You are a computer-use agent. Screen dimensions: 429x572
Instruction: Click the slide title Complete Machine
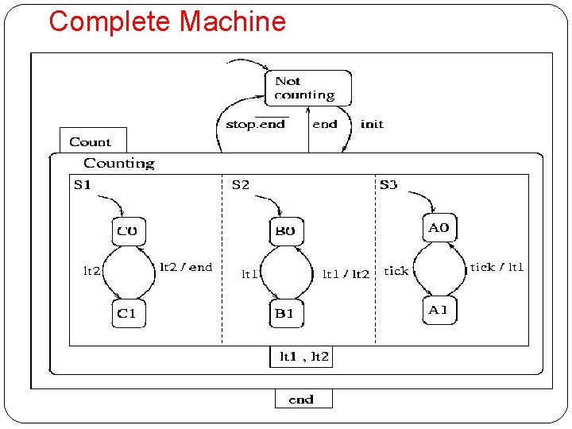click(167, 21)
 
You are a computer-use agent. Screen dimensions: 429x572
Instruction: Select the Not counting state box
click(307, 88)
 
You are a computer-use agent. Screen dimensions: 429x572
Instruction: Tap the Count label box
click(92, 141)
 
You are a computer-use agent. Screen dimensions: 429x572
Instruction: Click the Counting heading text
click(119, 163)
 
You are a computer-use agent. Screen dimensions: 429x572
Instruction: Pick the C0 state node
click(128, 232)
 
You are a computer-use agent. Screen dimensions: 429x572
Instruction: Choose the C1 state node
click(128, 313)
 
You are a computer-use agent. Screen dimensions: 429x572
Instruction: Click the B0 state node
click(284, 232)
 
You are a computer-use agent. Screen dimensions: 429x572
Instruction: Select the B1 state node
click(284, 313)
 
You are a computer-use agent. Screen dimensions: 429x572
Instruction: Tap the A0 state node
click(439, 228)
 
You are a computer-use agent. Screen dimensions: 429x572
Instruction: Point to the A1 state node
click(439, 310)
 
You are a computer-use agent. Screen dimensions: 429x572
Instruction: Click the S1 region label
click(82, 185)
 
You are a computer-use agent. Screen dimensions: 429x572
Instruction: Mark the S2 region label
click(240, 185)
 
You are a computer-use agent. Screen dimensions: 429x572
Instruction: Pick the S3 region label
click(388, 185)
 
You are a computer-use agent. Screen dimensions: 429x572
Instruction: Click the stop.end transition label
click(255, 124)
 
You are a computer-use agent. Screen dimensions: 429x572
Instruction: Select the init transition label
click(372, 124)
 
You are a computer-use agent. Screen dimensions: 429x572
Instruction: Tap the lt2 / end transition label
click(186, 267)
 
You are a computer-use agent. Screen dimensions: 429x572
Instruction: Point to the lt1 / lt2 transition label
click(346, 273)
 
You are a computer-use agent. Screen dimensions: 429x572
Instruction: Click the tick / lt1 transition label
click(497, 267)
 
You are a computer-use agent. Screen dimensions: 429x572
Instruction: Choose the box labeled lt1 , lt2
click(302, 357)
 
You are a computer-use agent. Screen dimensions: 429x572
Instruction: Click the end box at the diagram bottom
click(303, 399)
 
